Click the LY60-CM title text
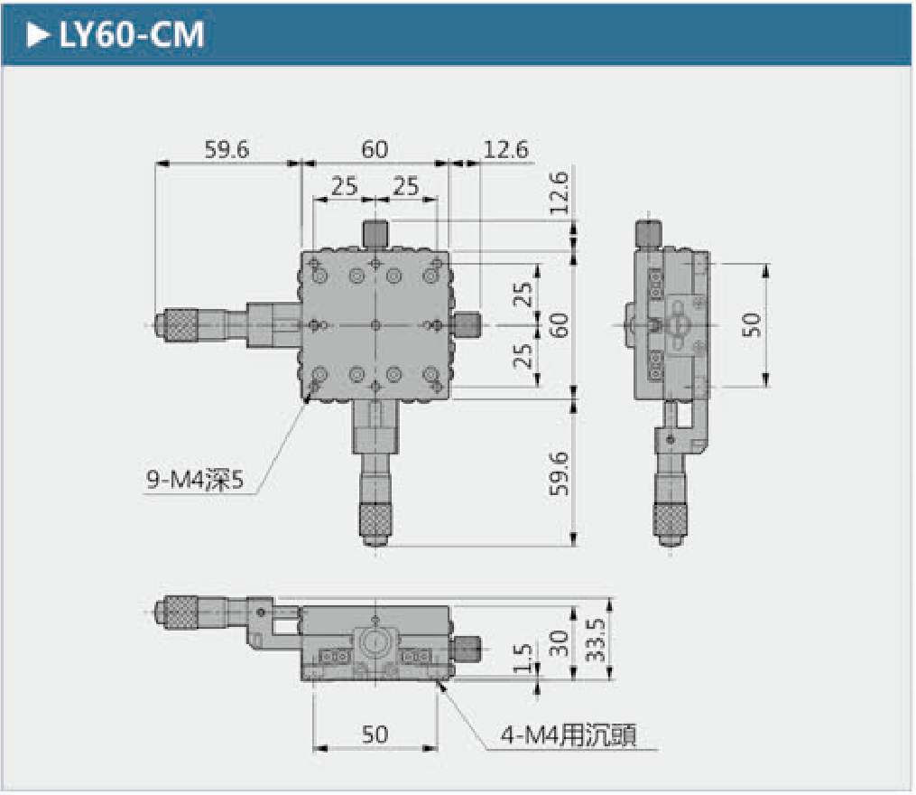[132, 34]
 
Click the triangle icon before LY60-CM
[38, 35]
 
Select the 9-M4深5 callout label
[195, 481]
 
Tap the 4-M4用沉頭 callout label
[569, 735]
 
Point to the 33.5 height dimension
[596, 640]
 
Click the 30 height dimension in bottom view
[559, 643]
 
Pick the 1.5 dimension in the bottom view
[523, 658]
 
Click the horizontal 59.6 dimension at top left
[227, 150]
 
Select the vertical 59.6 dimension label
[559, 473]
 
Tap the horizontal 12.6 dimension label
[505, 150]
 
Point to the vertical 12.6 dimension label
[559, 192]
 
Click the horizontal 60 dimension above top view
[375, 150]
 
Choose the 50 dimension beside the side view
[752, 324]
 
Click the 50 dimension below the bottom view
[375, 734]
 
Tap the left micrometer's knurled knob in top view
[180, 325]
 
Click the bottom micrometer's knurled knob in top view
[375, 521]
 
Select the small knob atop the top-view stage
[375, 234]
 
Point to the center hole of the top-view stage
[375, 325]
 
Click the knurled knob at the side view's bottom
[670, 521]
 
